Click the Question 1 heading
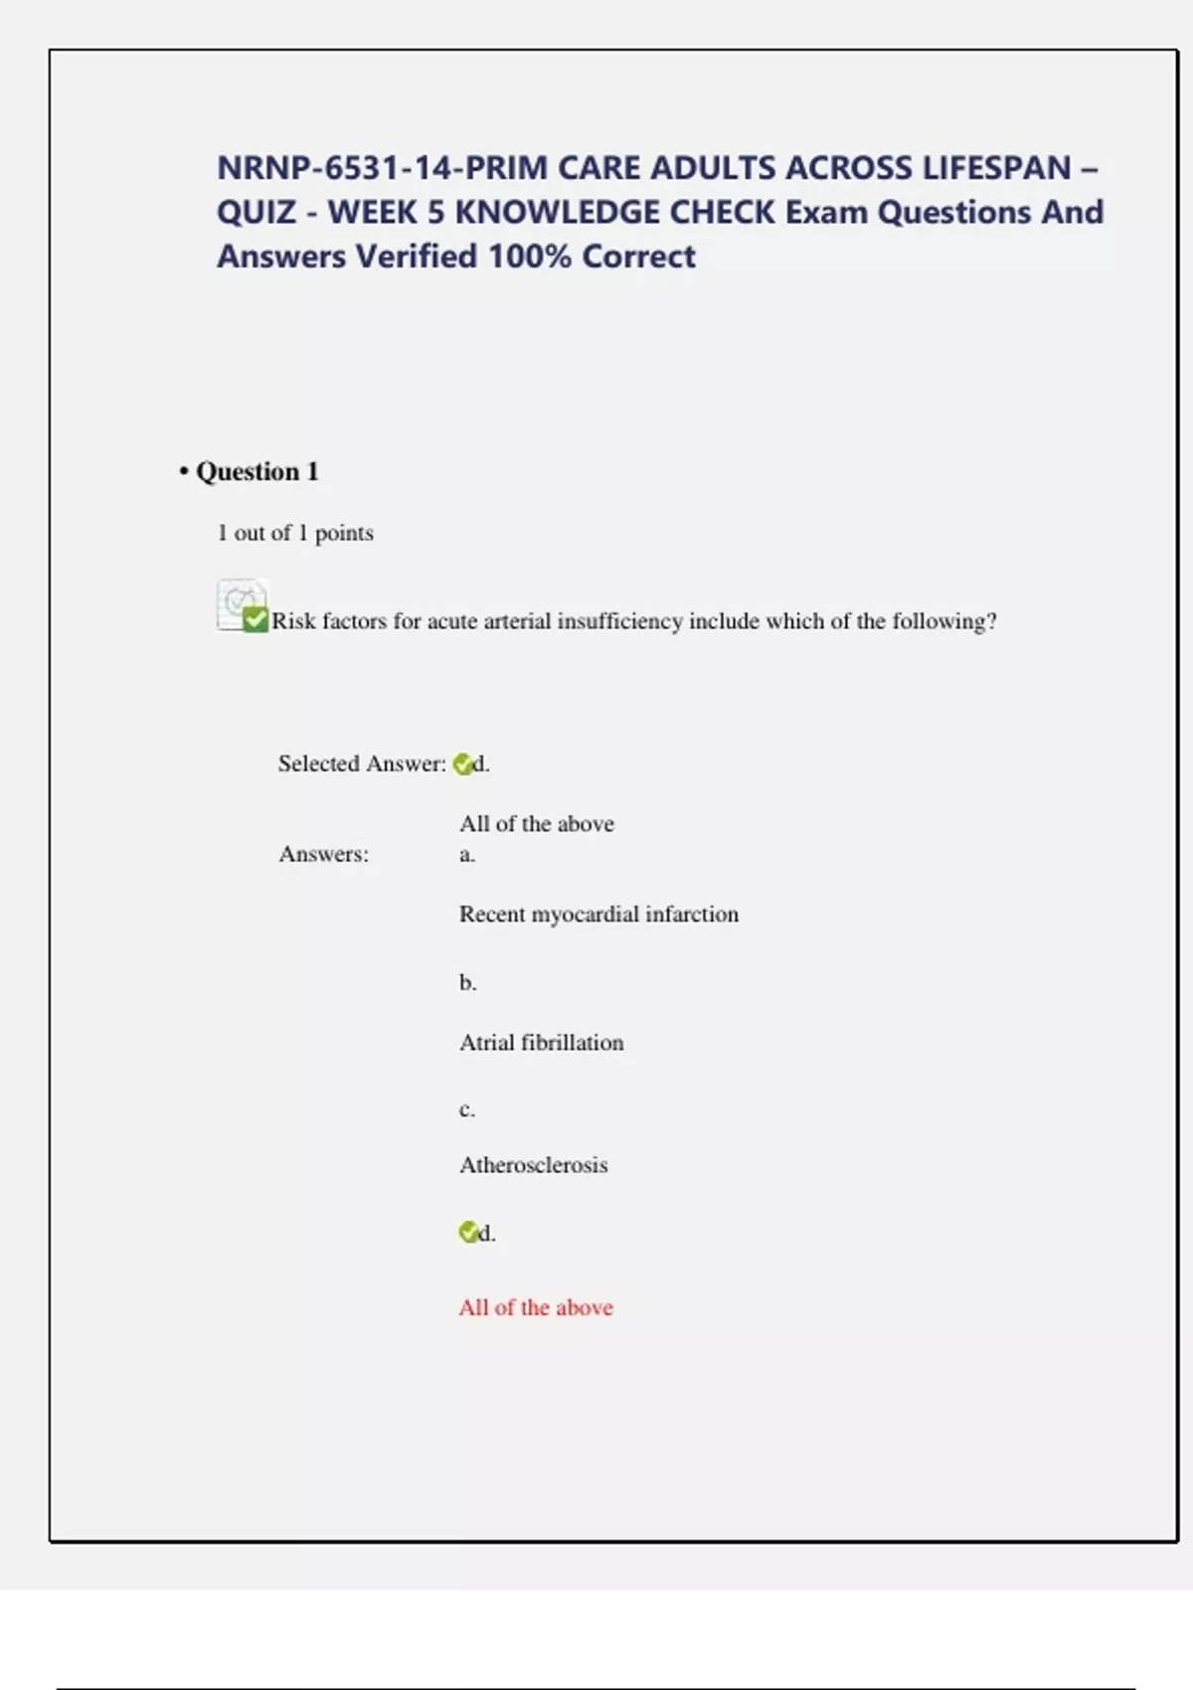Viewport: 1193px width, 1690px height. (256, 471)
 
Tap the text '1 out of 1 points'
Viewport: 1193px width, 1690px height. (295, 533)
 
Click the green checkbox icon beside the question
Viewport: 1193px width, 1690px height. (255, 619)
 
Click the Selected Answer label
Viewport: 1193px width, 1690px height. (361, 763)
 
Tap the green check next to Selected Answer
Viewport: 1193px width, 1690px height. (462, 764)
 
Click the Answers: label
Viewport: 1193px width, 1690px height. (323, 854)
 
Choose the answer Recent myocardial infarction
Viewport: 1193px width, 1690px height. (598, 914)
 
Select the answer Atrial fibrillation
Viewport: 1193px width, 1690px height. (541, 1042)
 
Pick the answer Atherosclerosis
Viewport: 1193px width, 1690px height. (533, 1165)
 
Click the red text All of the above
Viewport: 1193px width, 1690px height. (536, 1307)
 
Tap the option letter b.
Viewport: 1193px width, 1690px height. (467, 983)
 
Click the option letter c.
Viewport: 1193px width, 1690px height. (467, 1109)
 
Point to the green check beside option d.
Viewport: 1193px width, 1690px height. (467, 1233)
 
